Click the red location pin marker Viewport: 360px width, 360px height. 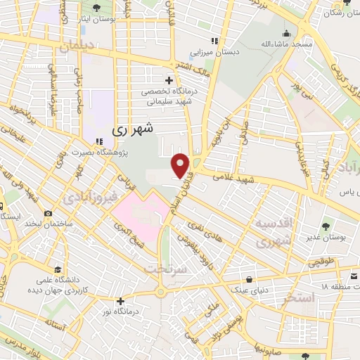(181, 165)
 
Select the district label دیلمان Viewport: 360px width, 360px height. (76, 46)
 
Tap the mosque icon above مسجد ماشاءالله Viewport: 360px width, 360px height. (286, 32)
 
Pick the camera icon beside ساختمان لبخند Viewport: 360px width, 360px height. (48, 213)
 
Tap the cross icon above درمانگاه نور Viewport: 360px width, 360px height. (122, 301)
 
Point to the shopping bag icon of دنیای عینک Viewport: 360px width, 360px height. (242, 276)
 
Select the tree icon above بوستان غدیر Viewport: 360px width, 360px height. (326, 226)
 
